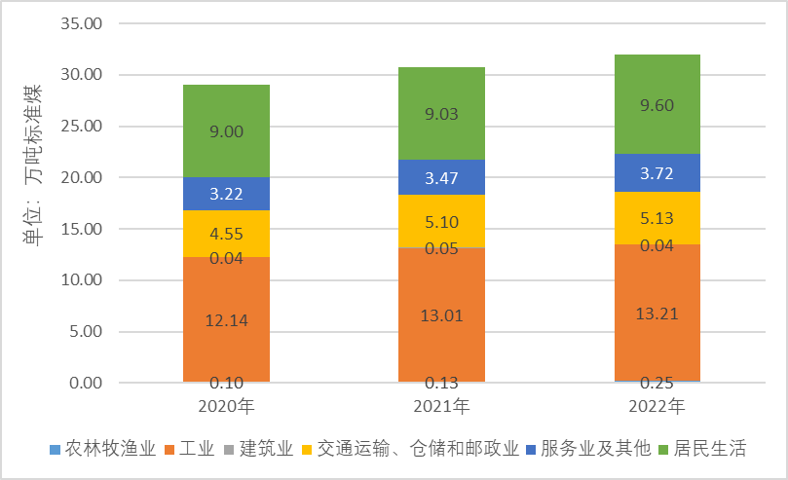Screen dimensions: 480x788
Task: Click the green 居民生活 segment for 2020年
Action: (226, 130)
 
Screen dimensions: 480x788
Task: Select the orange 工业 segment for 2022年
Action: (657, 312)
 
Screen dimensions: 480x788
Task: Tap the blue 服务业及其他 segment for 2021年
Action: (441, 177)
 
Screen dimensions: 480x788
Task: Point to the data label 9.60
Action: (657, 106)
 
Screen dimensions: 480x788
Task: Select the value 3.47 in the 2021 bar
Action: (441, 177)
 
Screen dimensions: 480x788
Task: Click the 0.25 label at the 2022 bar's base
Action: (657, 383)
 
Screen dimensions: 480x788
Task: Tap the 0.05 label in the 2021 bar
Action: (441, 248)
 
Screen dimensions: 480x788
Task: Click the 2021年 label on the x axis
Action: (441, 404)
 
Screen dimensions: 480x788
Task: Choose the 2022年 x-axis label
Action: (657, 404)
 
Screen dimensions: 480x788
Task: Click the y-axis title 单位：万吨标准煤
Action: (33, 166)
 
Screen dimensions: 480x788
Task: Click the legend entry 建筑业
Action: (266, 449)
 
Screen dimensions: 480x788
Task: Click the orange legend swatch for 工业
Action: (173, 450)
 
